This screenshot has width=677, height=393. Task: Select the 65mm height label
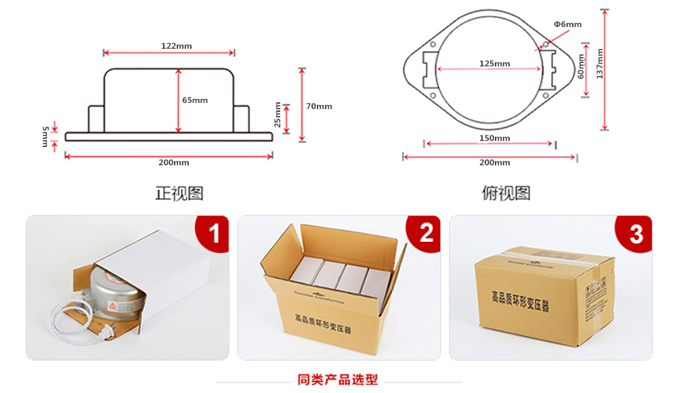(195, 100)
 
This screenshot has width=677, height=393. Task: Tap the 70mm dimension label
(319, 106)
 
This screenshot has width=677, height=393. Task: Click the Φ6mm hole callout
(567, 25)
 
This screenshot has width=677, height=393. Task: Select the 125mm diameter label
(494, 64)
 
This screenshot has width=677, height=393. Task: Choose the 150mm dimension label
(494, 138)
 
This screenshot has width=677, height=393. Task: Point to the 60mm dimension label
(581, 68)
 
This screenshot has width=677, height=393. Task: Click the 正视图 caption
(179, 193)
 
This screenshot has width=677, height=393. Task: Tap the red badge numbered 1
(214, 234)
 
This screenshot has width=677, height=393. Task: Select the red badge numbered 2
(426, 234)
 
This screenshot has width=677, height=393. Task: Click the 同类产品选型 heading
(338, 379)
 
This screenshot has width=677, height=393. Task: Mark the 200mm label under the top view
(494, 163)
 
